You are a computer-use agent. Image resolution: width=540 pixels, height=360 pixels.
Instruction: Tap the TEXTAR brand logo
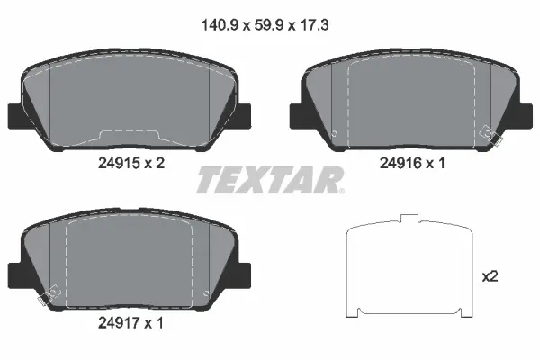269,180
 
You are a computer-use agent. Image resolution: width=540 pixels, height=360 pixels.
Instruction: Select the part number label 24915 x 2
130,164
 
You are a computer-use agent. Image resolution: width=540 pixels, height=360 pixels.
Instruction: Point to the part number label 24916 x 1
410,164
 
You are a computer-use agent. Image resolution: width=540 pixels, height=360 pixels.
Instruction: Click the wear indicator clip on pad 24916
493,136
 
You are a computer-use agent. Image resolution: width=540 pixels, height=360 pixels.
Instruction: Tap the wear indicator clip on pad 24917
45,292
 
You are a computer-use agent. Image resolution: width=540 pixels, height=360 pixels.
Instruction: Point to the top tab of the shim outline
409,220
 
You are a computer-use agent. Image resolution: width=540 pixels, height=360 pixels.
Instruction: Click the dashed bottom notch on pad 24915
130,135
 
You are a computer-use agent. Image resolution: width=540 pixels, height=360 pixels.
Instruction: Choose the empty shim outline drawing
409,270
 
